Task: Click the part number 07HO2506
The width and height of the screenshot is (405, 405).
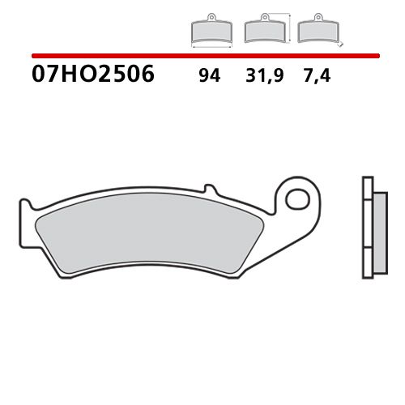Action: [x=92, y=77]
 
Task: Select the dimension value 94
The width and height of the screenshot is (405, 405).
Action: [x=208, y=78]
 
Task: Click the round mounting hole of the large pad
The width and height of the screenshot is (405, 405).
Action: [x=299, y=198]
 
